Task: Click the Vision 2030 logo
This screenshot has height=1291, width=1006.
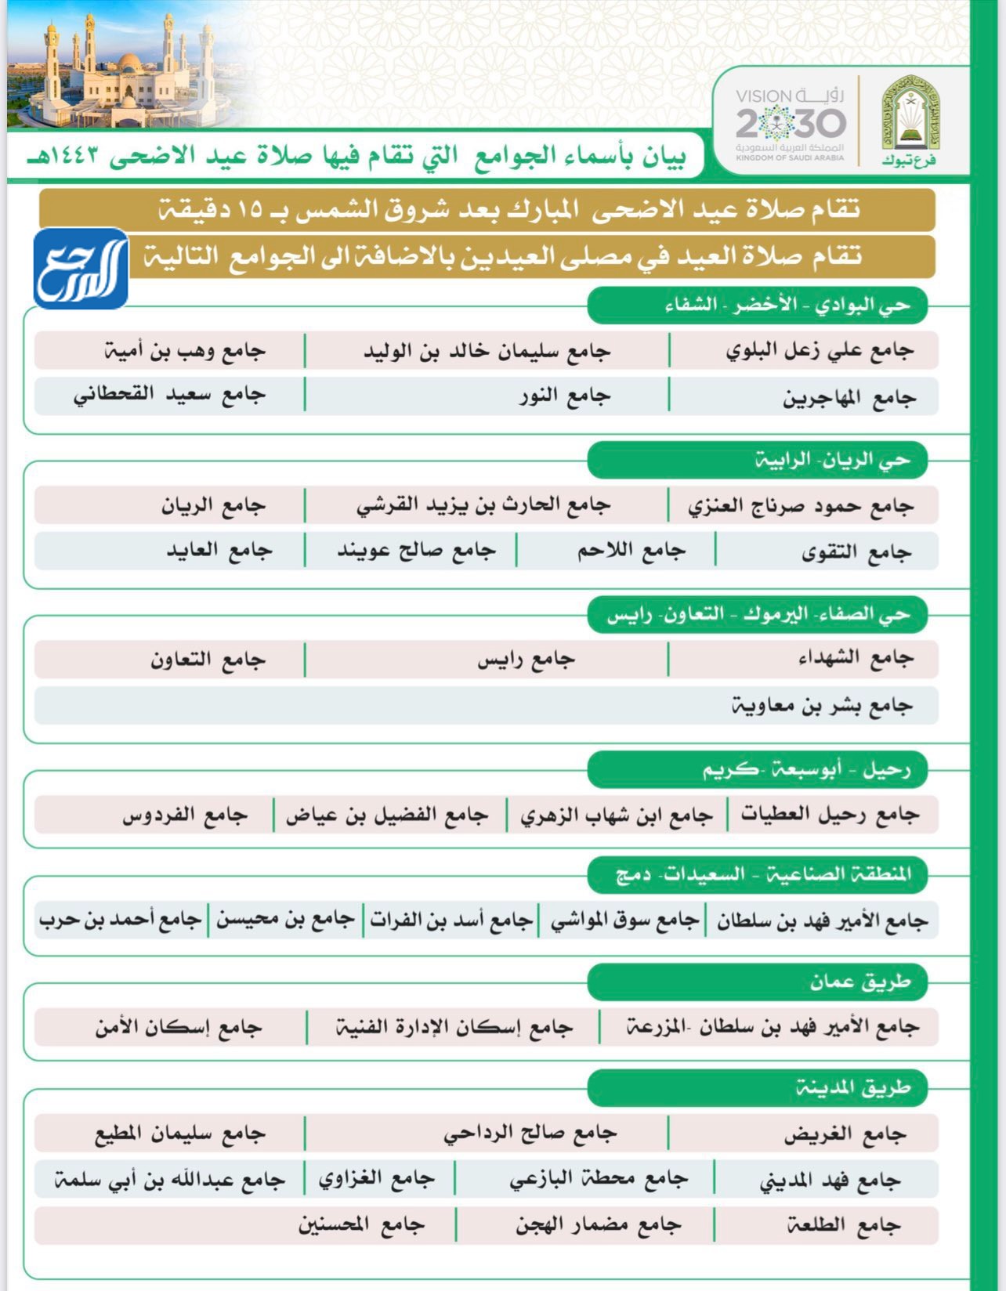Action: [790, 122]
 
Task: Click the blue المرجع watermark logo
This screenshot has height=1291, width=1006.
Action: [81, 269]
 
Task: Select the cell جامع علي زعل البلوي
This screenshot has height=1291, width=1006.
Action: [819, 350]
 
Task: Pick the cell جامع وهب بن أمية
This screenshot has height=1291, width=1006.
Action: [185, 350]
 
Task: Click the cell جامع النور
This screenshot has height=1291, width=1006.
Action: [564, 396]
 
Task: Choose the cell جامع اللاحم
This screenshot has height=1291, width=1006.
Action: [631, 551]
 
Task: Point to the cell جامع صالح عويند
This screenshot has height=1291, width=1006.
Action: [416, 551]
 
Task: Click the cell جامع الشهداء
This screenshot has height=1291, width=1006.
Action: [856, 658]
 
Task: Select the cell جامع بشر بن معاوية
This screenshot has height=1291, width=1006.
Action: [821, 705]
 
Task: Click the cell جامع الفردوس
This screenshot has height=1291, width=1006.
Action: [185, 815]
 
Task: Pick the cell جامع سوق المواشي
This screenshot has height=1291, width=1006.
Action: [624, 920]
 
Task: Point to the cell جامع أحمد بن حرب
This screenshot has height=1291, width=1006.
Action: [120, 920]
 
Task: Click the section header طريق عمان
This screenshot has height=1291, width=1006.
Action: [859, 981]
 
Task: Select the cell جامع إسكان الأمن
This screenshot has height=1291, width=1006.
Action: [178, 1026]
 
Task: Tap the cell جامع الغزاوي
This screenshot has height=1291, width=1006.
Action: [376, 1178]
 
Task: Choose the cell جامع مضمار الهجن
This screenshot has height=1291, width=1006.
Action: [598, 1224]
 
